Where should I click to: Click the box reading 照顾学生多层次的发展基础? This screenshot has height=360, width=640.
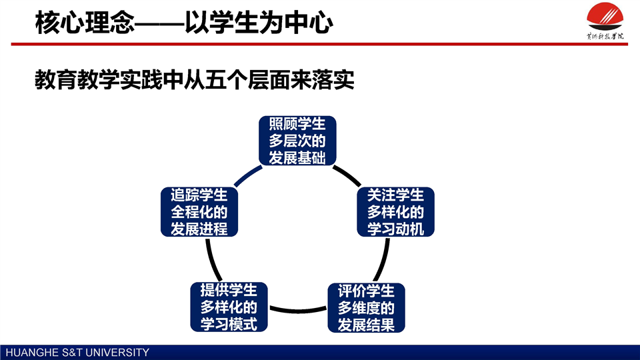pos(297,141)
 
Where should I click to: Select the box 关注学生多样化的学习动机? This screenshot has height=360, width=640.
pos(396,212)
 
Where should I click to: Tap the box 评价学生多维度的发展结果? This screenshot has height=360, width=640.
pos(366,308)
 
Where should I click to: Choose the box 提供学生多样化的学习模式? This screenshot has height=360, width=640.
pos(229,307)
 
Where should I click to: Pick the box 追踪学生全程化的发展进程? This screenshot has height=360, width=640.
pos(199,212)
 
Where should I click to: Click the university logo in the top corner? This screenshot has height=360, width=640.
pos(605,20)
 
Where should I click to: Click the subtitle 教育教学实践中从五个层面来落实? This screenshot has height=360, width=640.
pos(193,81)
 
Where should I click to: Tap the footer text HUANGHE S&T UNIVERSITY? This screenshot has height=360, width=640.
pos(77,353)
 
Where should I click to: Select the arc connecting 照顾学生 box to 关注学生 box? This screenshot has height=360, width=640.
pos(347,176)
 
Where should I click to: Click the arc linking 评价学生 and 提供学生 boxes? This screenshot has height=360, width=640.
pos(297,309)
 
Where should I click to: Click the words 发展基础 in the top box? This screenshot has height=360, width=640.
pos(297,159)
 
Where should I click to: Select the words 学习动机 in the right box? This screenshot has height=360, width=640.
pos(396,229)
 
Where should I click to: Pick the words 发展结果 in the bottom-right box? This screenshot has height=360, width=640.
pos(366,325)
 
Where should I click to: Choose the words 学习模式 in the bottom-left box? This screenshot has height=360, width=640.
pos(229,324)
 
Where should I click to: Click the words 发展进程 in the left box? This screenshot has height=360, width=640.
pos(199,229)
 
